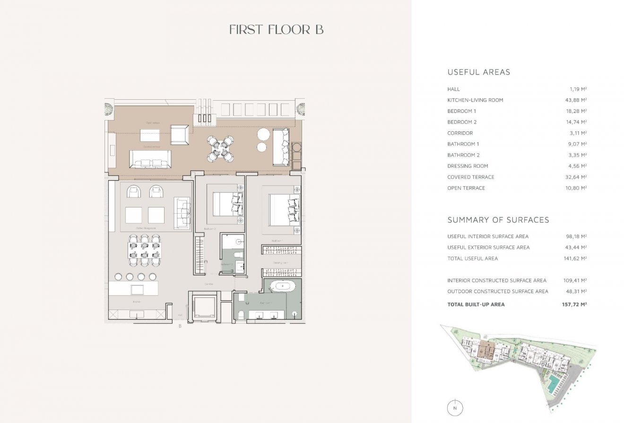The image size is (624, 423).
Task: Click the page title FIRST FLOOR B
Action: tap(276, 29)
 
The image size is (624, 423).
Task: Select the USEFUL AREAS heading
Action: tap(478, 72)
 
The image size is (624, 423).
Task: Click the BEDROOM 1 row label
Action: tap(461, 111)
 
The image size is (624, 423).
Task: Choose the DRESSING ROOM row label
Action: tap(468, 166)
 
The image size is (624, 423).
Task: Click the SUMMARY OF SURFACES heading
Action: tap(498, 220)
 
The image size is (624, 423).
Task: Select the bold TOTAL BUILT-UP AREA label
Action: tap(476, 304)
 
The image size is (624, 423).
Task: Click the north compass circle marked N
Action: tap(455, 407)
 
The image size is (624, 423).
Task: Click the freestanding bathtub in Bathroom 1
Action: tap(282, 286)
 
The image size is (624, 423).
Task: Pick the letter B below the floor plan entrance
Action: tap(180, 326)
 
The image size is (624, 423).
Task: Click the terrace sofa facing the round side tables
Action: tap(280, 147)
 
